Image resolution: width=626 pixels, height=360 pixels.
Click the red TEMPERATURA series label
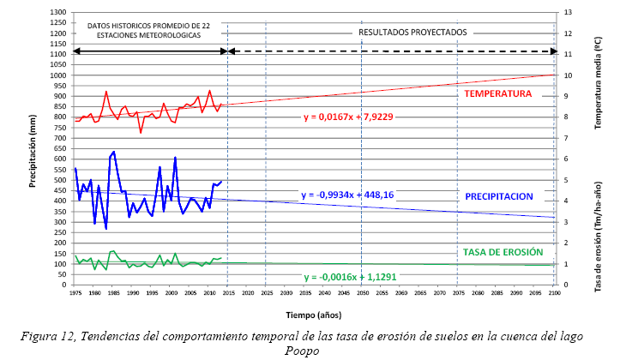497,93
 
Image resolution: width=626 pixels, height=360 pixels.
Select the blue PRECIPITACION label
499,196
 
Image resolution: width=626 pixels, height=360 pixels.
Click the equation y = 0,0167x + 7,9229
348,117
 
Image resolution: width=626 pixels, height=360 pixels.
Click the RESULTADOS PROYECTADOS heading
412,33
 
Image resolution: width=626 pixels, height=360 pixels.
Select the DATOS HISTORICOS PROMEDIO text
148,26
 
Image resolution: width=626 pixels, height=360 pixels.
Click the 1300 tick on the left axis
58,12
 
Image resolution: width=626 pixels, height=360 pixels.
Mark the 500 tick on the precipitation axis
60,180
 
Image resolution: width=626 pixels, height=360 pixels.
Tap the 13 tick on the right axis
566,12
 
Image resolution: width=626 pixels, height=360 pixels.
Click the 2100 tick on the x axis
555,294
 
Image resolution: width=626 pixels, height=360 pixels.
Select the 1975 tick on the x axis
75,294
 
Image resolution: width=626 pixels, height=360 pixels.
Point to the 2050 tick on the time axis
362,294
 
